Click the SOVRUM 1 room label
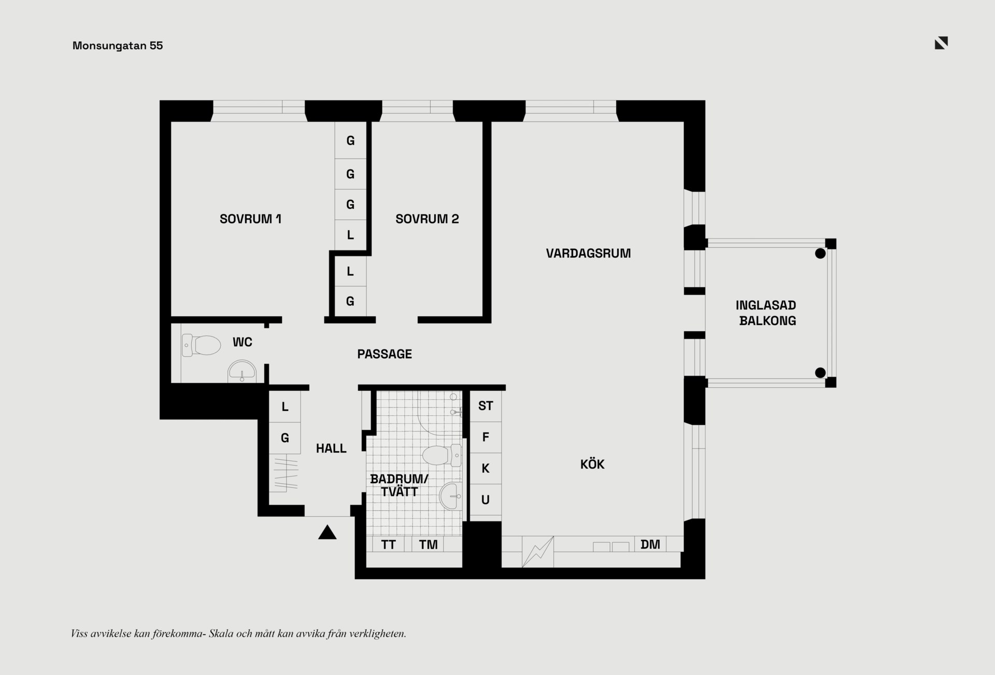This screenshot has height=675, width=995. (x=250, y=219)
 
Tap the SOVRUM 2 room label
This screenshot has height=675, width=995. (x=427, y=219)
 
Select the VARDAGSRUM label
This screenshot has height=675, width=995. (x=588, y=254)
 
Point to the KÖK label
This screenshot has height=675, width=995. (x=592, y=464)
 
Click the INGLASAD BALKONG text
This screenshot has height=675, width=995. (x=766, y=313)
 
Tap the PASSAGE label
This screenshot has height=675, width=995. (x=385, y=354)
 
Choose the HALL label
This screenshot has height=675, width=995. (x=331, y=448)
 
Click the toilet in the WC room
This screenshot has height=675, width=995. (x=202, y=345)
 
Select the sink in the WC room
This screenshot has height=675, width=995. (x=242, y=371)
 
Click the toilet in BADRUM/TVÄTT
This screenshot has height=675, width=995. (x=442, y=455)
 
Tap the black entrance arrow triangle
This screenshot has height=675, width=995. (x=327, y=532)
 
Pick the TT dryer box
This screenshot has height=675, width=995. (x=389, y=544)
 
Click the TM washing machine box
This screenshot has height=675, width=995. (x=428, y=544)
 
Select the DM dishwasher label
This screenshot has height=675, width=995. (x=650, y=544)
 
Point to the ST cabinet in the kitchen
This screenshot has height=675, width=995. (x=486, y=406)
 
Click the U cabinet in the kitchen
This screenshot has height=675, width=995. (x=486, y=500)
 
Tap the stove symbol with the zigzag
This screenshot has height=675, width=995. (x=538, y=552)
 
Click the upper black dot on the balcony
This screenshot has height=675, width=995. (x=820, y=254)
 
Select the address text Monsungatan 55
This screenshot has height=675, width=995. (x=118, y=46)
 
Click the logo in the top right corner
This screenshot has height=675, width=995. (x=941, y=43)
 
